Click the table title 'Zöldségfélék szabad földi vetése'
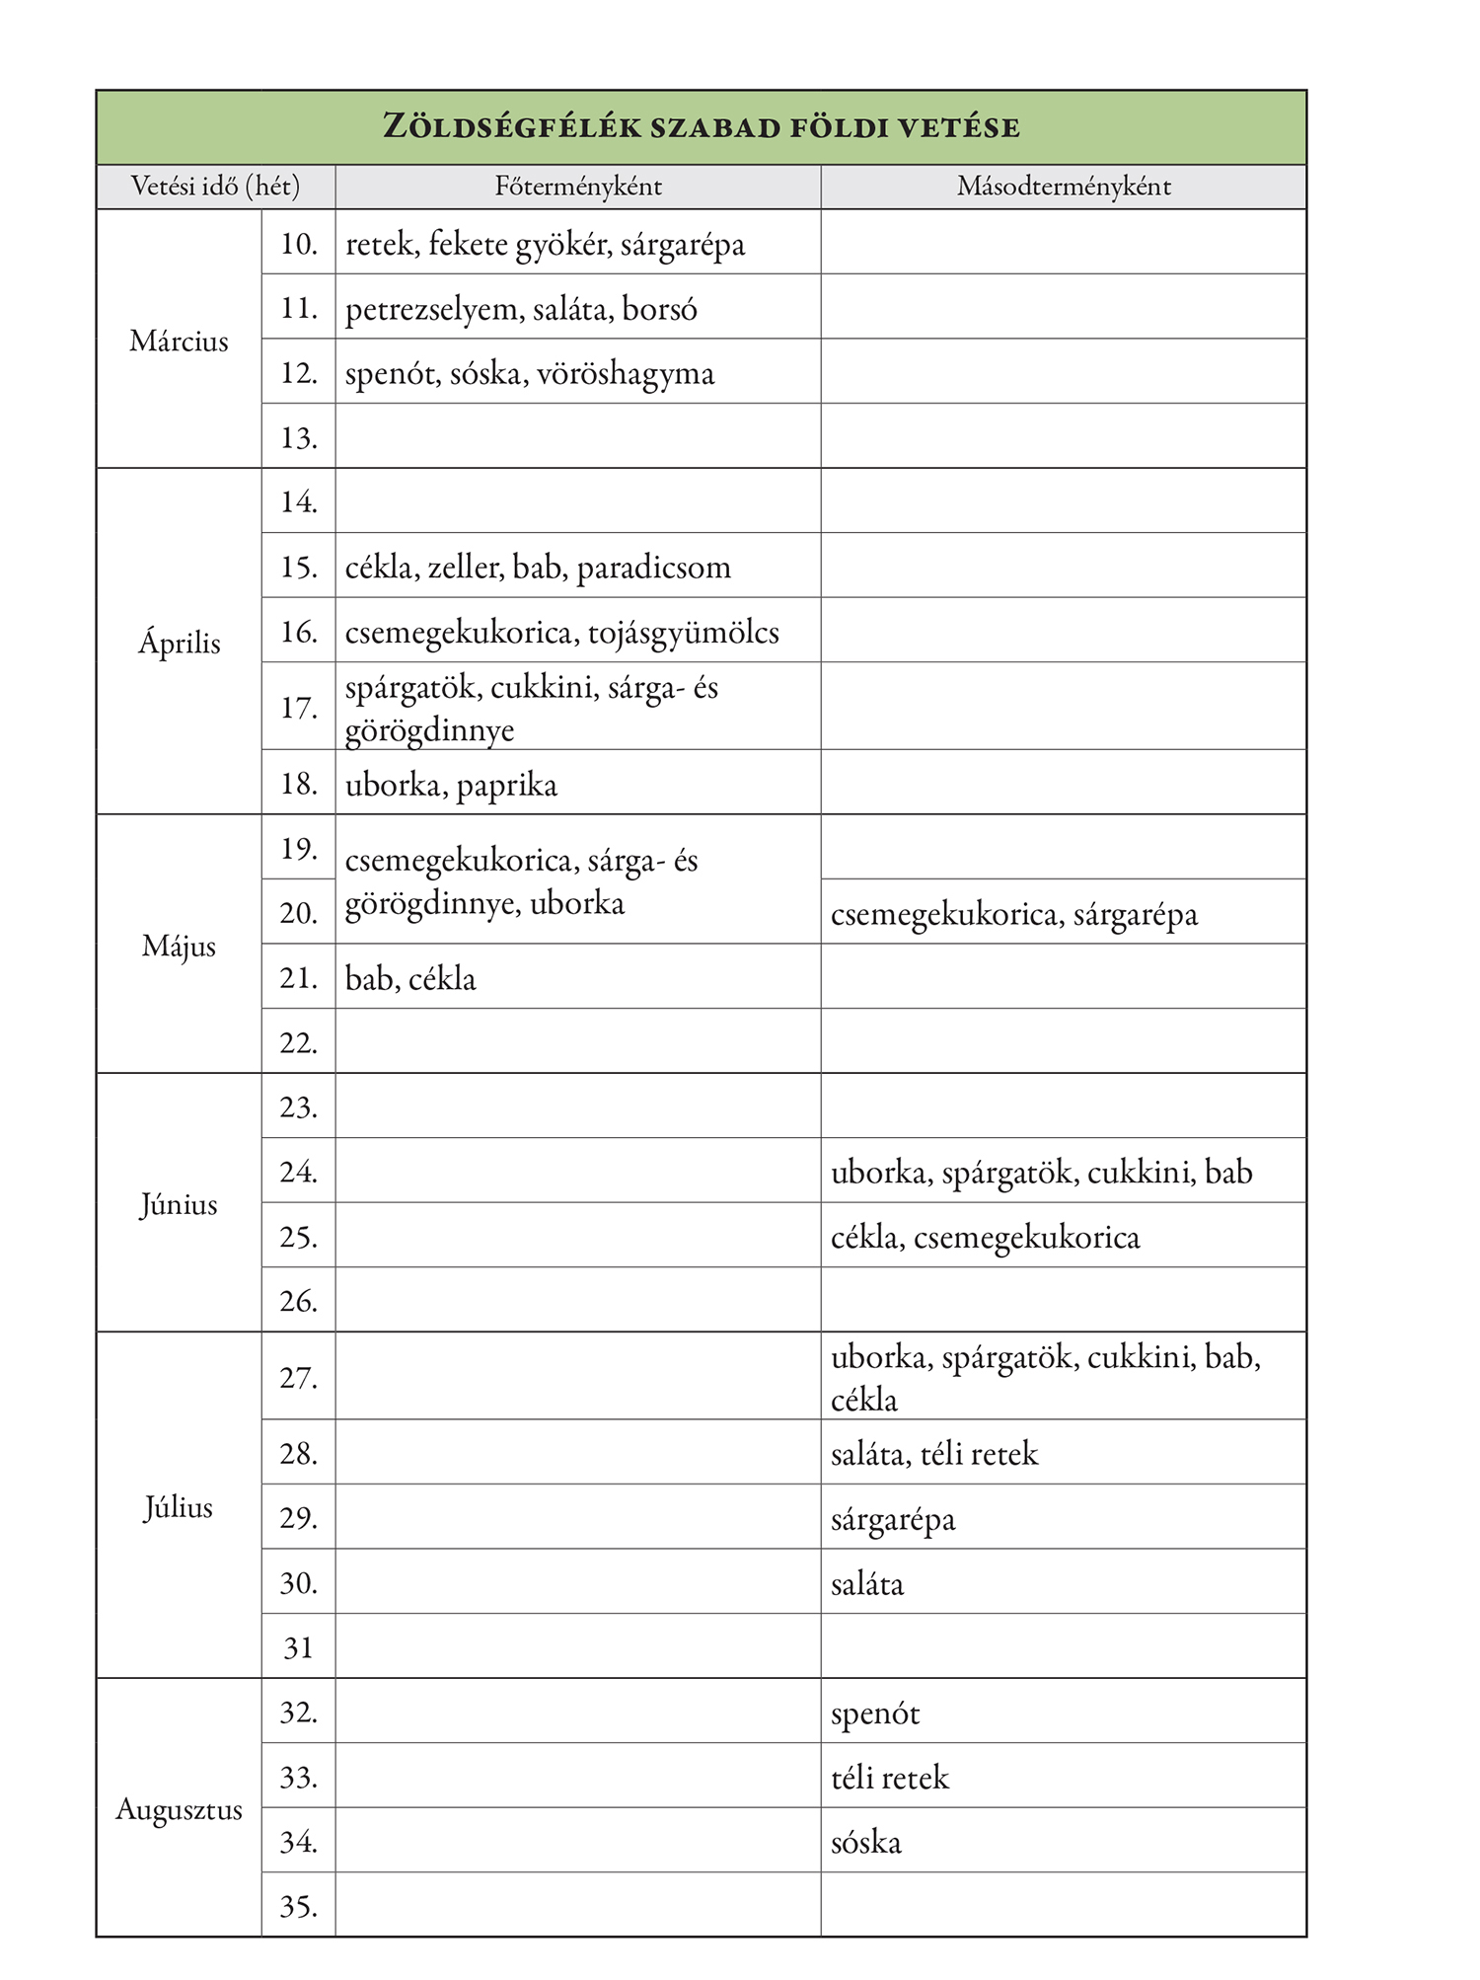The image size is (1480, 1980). click(701, 127)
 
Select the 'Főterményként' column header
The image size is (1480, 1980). click(578, 187)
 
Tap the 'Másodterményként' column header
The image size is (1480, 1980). click(1064, 187)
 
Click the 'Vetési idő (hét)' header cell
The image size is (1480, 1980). click(215, 187)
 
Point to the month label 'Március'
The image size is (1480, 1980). click(179, 342)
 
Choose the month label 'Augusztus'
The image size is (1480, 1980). click(179, 1809)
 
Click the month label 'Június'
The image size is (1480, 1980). click(179, 1204)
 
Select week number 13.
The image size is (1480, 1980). click(298, 437)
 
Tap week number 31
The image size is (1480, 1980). click(298, 1647)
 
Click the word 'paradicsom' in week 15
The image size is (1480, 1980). click(653, 568)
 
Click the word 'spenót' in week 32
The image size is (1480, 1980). click(874, 1713)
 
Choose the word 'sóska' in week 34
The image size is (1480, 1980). click(865, 1842)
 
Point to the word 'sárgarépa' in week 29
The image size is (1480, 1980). click(893, 1519)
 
